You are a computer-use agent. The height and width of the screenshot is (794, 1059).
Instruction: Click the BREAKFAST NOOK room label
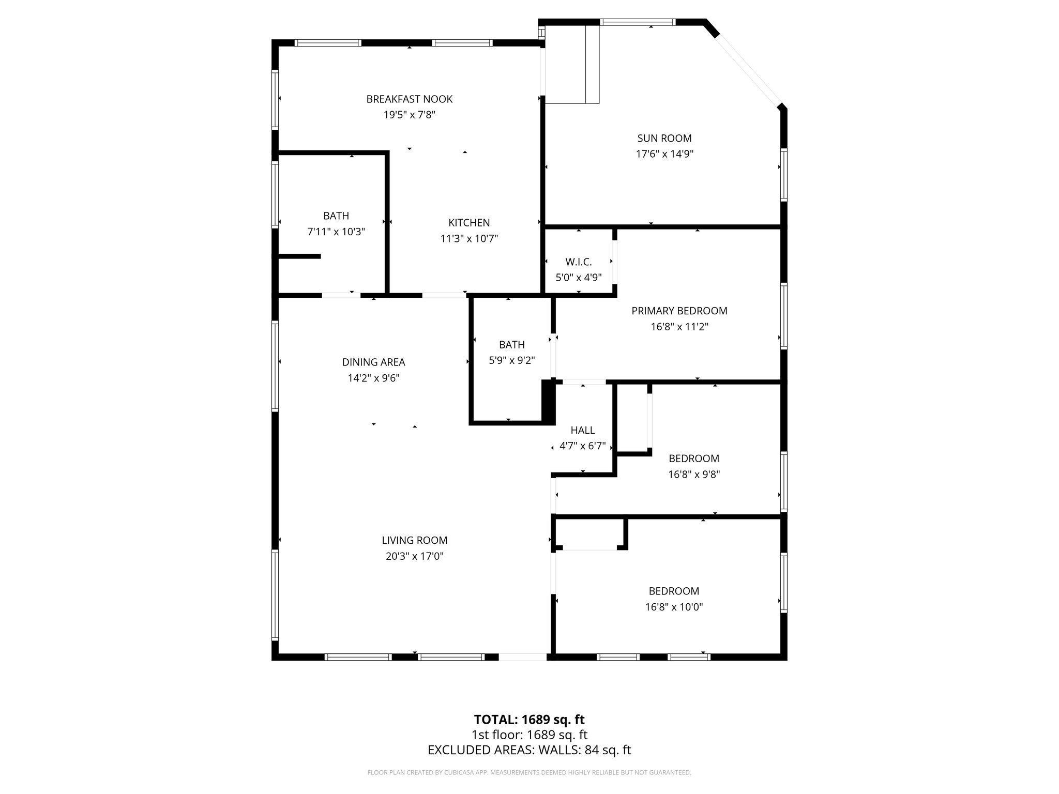click(410, 99)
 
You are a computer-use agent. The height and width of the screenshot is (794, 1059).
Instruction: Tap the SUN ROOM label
click(664, 138)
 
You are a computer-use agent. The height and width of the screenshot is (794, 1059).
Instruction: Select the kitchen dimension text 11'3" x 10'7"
click(469, 239)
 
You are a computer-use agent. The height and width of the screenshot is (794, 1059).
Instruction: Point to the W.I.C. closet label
click(579, 262)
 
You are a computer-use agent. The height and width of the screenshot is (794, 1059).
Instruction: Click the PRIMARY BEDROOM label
click(679, 311)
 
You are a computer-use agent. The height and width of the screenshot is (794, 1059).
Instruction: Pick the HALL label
click(583, 430)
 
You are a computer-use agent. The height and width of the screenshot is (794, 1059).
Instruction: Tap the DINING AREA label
click(373, 362)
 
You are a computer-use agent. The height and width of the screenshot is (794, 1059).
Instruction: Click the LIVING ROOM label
click(414, 540)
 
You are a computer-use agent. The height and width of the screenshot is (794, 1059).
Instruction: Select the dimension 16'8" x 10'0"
click(674, 607)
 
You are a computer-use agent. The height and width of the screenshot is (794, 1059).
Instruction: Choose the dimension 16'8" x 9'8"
click(694, 474)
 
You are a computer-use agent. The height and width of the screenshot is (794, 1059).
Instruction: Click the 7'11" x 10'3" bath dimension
click(336, 232)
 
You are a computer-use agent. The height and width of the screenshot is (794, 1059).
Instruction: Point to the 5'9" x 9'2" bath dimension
click(512, 360)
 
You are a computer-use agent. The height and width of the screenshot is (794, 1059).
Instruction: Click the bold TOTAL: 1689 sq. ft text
click(529, 720)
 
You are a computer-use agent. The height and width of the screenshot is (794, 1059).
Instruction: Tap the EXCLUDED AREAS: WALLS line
click(529, 750)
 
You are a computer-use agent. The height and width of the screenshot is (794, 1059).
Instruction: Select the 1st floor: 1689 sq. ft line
click(529, 735)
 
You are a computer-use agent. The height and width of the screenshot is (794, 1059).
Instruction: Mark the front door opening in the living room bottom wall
click(522, 657)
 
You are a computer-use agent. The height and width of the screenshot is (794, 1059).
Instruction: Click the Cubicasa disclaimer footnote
click(529, 772)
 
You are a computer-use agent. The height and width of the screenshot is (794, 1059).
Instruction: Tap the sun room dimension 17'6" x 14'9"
click(664, 154)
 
